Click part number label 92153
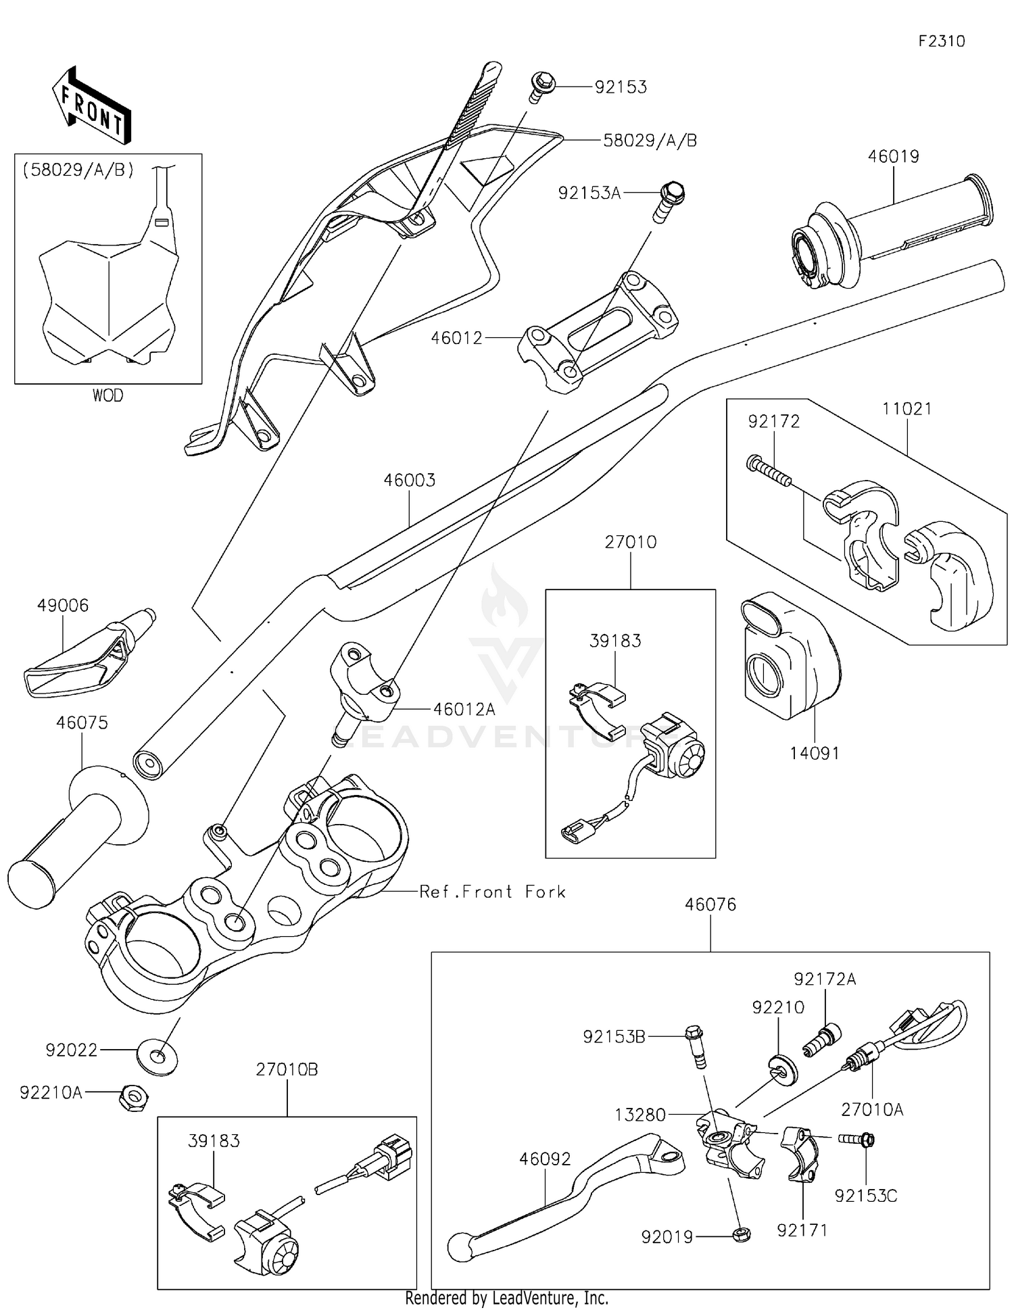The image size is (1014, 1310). [x=621, y=87]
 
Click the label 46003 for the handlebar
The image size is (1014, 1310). [x=410, y=481]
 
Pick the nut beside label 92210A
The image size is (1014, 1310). [x=133, y=1094]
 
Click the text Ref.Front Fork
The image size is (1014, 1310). [x=492, y=892]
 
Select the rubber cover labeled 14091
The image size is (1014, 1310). [x=788, y=656]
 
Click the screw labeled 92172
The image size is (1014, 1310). [x=769, y=471]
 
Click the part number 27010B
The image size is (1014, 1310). [x=287, y=1070]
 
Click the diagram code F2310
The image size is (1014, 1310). [x=941, y=41]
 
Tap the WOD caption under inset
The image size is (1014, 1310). [x=108, y=395]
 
